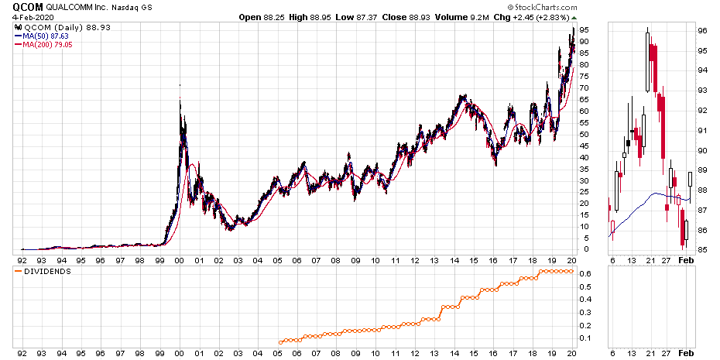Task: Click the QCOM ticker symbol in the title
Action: click(x=17, y=7)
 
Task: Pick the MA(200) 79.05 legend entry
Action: click(x=46, y=45)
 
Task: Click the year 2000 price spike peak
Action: click(x=180, y=85)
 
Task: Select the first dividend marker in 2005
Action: click(x=280, y=341)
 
